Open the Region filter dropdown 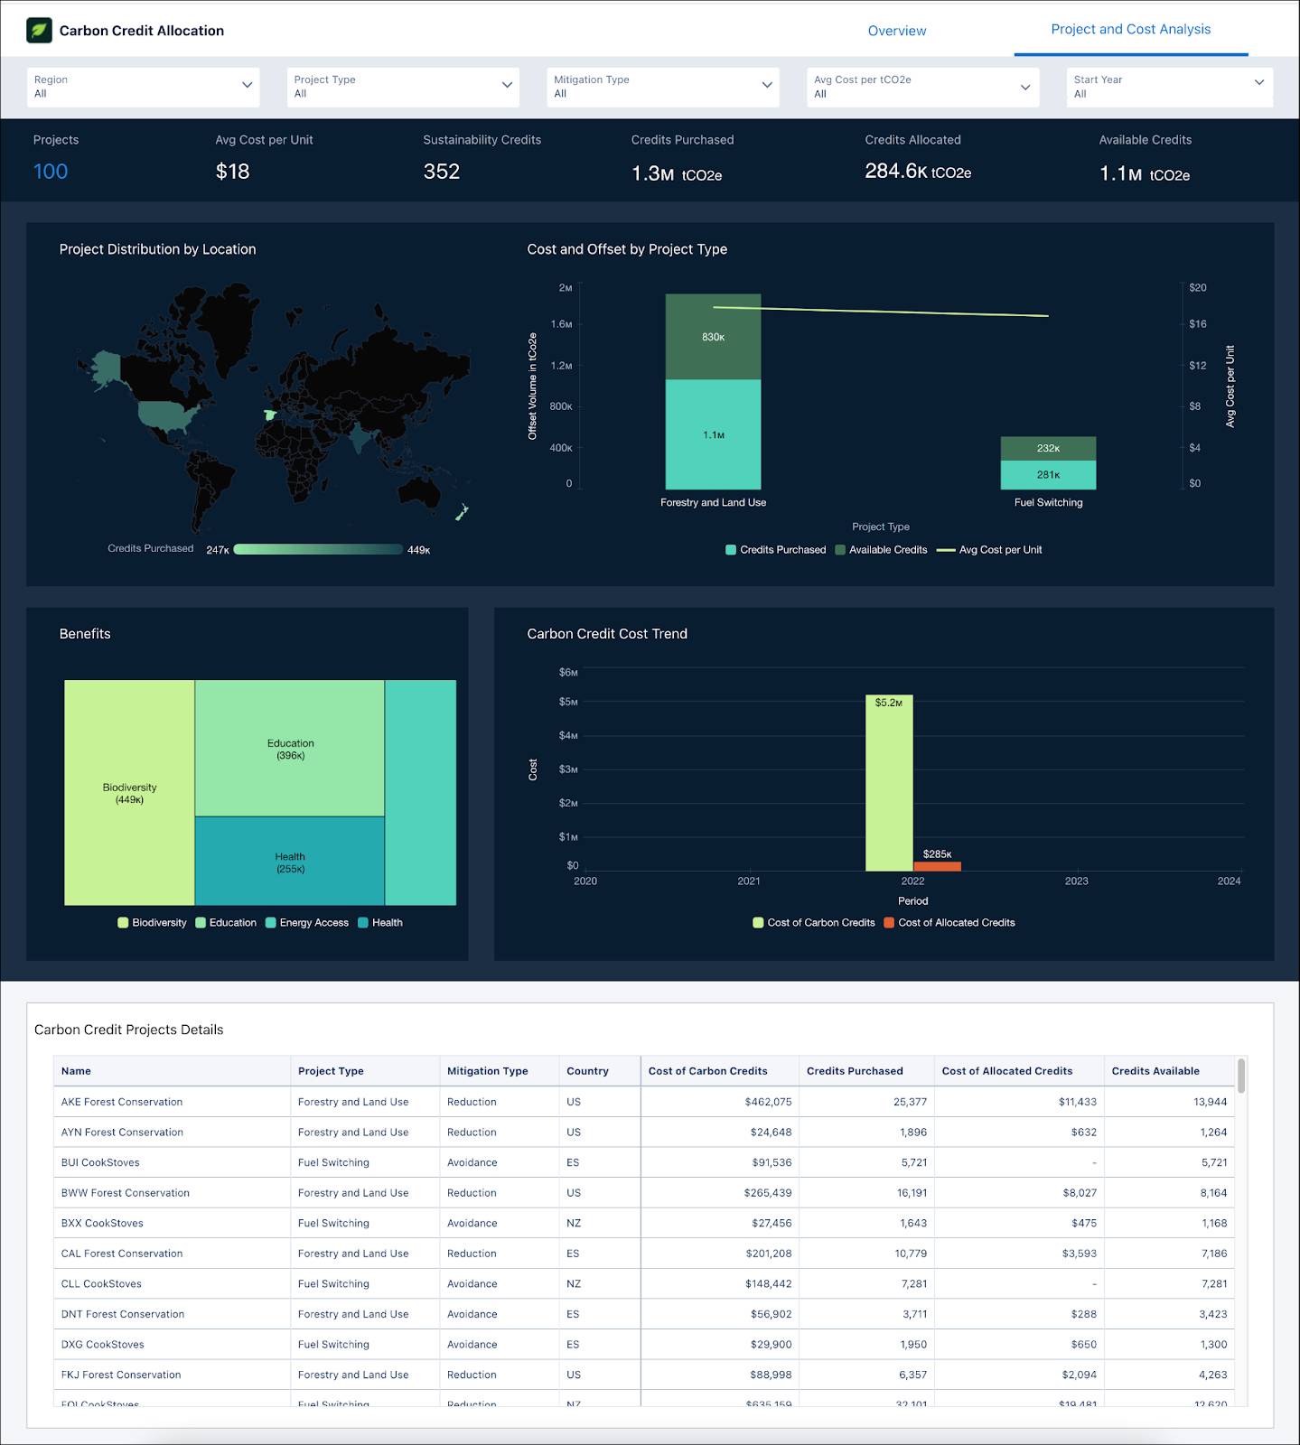(143, 87)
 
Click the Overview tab (896, 31)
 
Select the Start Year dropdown (1168, 87)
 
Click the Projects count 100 (51, 172)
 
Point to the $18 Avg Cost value (232, 172)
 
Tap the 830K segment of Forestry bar (713, 337)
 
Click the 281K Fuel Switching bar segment (1048, 475)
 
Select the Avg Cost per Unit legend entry (989, 550)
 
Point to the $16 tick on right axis (1197, 323)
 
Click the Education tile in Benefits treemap (290, 749)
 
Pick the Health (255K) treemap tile (290, 862)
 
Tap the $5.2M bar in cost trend (888, 782)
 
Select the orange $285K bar (937, 866)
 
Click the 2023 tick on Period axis (1076, 881)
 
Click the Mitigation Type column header (487, 1071)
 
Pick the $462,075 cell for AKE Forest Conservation (768, 1102)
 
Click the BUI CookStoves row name (100, 1162)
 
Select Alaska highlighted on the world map (106, 366)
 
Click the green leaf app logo (39, 30)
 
